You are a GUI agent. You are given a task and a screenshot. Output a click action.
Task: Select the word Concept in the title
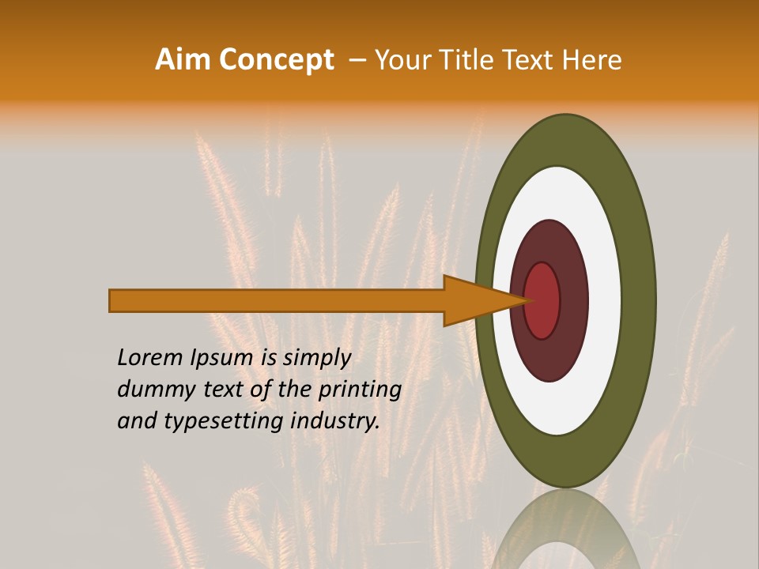[276, 60]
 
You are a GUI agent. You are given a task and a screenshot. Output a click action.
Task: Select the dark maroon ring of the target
[573, 300]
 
